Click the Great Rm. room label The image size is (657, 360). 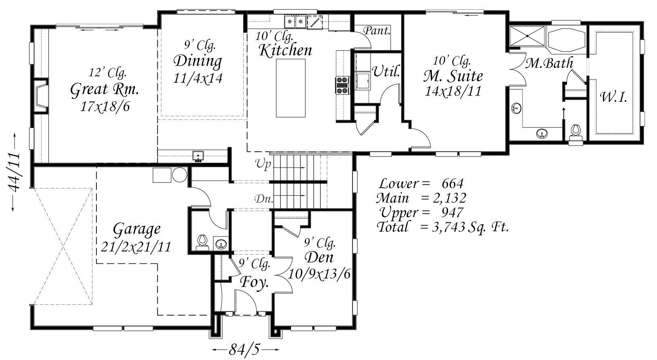[105, 90]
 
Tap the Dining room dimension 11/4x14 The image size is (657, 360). [198, 78]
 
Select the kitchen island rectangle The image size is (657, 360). [291, 88]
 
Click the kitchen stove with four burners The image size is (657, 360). [343, 85]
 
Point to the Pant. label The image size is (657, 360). [377, 30]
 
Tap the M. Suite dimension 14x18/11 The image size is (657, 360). [453, 91]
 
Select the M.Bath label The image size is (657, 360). [549, 63]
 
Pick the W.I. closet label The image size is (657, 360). [613, 97]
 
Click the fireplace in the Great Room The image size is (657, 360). [40, 96]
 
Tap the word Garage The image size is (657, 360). [137, 230]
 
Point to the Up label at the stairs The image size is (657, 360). [263, 164]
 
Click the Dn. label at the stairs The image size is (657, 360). [264, 199]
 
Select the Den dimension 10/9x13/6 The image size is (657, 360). [319, 274]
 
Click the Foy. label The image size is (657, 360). [254, 282]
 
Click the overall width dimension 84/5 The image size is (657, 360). [244, 349]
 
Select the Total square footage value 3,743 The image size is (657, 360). [448, 227]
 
